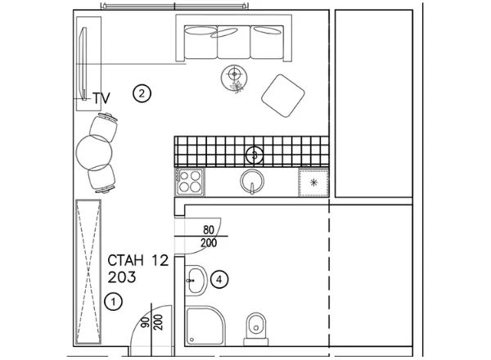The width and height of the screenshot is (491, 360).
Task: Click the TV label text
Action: point(101,98)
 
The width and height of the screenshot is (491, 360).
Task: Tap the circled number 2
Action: point(142,93)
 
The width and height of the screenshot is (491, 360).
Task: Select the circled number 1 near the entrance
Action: point(114,302)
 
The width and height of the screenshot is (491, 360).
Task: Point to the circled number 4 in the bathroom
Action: point(219,279)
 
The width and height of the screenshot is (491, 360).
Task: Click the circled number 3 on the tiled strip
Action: point(255,155)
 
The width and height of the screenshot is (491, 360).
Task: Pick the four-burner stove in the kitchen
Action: point(190,182)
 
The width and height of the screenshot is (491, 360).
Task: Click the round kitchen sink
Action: point(252,182)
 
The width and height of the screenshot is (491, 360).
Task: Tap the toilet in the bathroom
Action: point(256,329)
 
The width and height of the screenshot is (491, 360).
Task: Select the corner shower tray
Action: point(205,326)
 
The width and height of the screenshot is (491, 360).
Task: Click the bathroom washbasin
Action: point(196,280)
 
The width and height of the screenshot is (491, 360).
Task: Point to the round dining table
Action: point(94,152)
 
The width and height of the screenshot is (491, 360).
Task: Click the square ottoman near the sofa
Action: point(283,96)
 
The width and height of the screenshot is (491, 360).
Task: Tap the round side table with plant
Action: point(234,78)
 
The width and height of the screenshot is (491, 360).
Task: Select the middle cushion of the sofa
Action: point(233,43)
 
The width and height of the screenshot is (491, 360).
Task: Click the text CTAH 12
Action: point(138,260)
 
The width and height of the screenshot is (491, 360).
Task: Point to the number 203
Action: point(122,277)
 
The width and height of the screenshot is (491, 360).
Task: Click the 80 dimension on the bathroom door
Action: point(209,230)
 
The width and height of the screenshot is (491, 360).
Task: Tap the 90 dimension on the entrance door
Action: point(145,322)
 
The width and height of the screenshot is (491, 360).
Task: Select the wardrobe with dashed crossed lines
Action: point(88,272)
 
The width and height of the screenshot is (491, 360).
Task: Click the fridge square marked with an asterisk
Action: point(313,182)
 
